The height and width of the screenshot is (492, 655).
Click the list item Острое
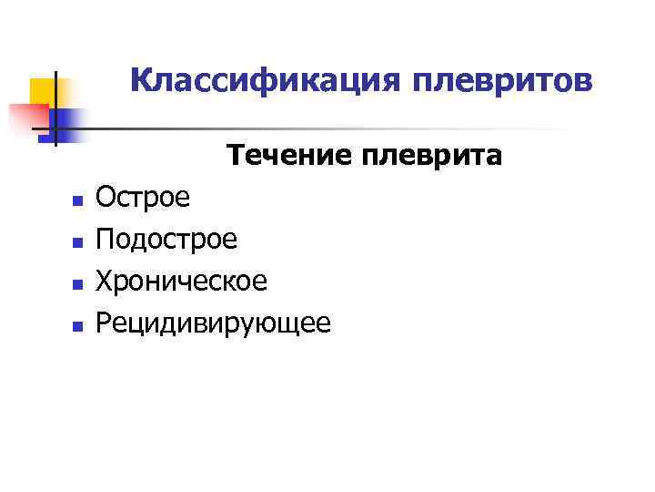pos(144,197)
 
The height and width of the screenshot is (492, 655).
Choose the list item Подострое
pos(166,239)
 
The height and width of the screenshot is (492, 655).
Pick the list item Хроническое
pos(182,281)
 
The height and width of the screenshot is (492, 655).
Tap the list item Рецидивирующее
pos(214,323)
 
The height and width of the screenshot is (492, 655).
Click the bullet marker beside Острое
pos(77,199)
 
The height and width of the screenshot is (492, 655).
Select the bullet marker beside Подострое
pos(77,241)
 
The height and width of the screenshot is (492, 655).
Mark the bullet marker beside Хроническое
pos(77,282)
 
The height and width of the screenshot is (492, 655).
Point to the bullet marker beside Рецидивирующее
pos(77,324)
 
